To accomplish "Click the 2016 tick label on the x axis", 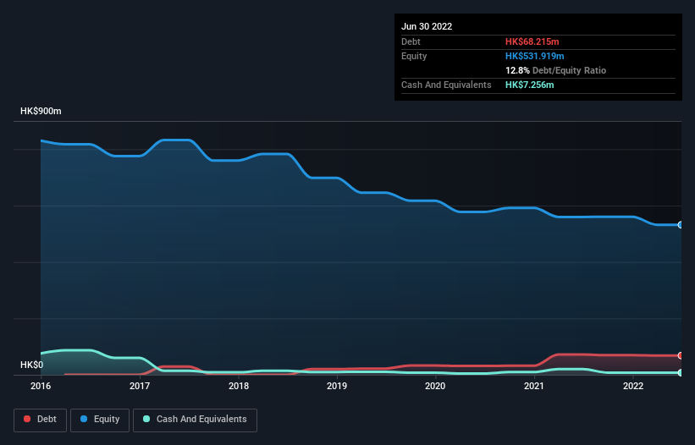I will pos(41,386).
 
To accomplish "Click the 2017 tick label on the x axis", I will pos(140,386).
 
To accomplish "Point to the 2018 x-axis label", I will pos(239,386).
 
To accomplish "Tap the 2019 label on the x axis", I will pos(337,386).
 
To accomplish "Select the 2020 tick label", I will pos(435,386).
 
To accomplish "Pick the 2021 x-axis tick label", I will pos(534,386).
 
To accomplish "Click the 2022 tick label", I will pos(632,386).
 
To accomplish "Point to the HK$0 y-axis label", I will pos(32,365).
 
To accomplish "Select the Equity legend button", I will pos(100,419).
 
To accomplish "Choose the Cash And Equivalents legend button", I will pos(195,419).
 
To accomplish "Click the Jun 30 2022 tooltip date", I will pos(427,26).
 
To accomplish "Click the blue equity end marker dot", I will pos(681,225).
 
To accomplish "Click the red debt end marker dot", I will pos(681,355).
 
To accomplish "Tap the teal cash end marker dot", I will pos(681,372).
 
